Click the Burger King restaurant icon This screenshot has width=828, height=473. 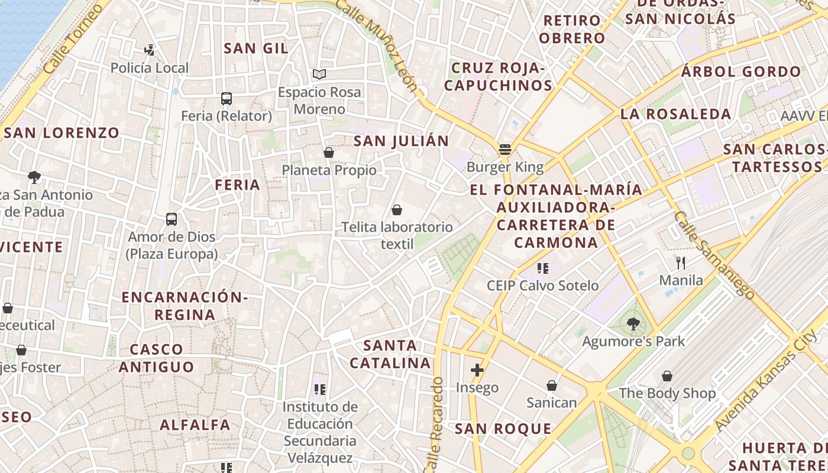point(504,150)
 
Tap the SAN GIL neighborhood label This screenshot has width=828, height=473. point(255,48)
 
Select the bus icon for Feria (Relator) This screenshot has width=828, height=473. point(226,98)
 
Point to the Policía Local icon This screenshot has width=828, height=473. point(150,50)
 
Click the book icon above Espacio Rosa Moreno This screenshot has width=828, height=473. point(319,74)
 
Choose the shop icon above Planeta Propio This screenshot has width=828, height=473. point(329,153)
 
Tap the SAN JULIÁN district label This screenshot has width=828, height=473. point(401,141)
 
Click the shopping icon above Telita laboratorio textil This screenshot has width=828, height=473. point(397,209)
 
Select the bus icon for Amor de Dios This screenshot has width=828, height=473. point(172,219)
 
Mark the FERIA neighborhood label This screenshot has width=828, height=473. point(237,185)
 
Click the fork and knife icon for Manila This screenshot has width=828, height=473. point(681,263)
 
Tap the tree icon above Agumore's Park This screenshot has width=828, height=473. point(633,323)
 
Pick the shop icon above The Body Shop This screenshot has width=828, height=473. point(667,375)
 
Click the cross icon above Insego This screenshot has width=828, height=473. point(477,370)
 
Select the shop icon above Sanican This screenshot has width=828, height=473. point(551,385)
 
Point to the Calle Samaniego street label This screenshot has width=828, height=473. point(713,255)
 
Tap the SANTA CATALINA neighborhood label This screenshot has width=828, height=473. point(390,354)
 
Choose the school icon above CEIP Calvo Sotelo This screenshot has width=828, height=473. point(542,268)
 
